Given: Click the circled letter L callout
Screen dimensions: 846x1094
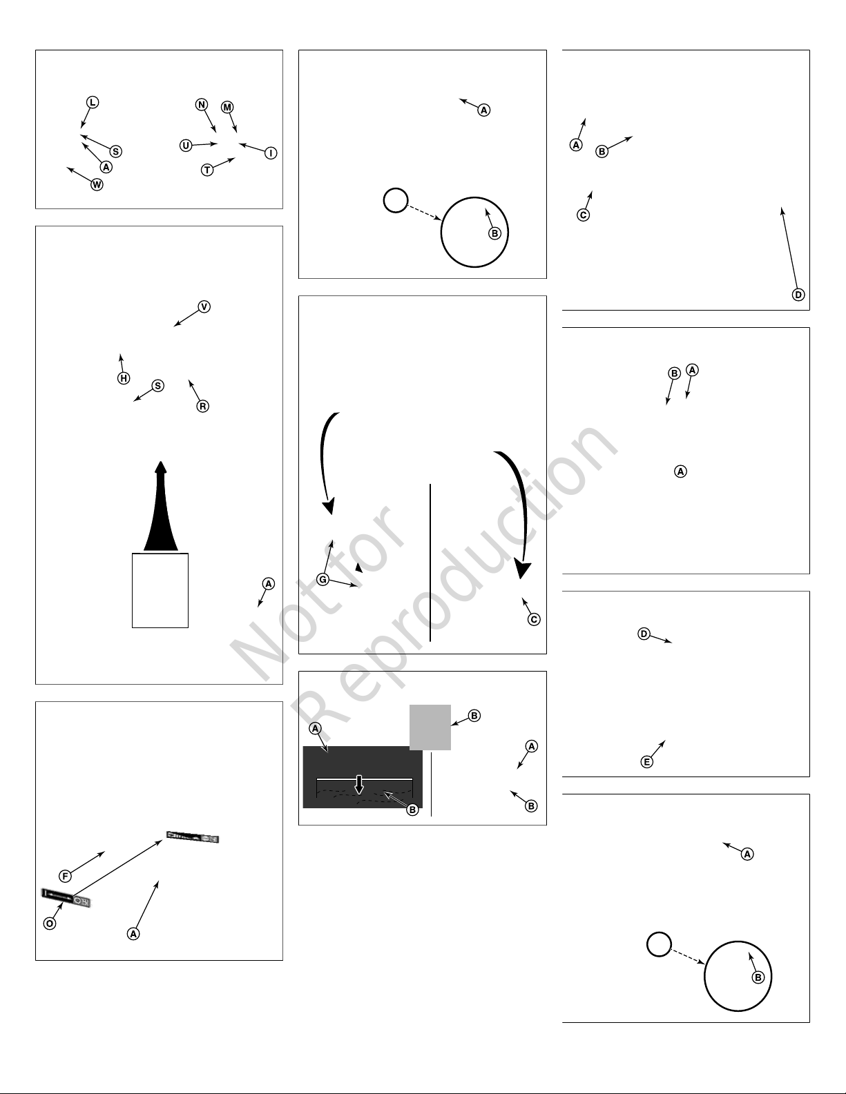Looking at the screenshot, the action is click(x=92, y=103).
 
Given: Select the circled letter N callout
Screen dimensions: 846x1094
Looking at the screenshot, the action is click(x=202, y=105).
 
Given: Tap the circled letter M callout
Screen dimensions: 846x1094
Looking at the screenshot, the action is click(x=227, y=107).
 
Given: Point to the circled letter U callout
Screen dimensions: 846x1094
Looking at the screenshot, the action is click(x=186, y=146).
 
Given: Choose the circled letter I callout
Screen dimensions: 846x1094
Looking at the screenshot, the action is click(x=271, y=153).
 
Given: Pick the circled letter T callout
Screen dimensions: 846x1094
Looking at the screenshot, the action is click(x=207, y=170).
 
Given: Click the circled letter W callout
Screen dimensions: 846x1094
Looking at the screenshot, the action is click(x=97, y=185).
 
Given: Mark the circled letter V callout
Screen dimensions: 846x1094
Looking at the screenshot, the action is click(x=204, y=306).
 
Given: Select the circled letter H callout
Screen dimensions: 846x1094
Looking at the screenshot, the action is click(x=124, y=378).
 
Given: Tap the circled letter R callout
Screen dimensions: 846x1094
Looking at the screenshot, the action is click(x=202, y=407).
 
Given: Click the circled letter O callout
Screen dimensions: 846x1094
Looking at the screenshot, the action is click(x=49, y=924).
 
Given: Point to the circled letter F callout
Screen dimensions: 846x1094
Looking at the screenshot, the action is click(x=65, y=876).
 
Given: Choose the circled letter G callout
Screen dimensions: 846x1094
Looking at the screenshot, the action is click(x=323, y=580).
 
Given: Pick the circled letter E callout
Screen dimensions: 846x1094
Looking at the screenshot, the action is click(x=646, y=762).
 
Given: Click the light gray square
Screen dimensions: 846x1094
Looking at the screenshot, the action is click(x=430, y=727).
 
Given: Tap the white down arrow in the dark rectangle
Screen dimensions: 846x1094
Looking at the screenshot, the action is click(x=359, y=784).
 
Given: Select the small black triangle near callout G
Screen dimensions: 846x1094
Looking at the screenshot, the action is click(x=358, y=568).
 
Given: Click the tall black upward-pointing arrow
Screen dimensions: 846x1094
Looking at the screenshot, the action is click(x=161, y=506).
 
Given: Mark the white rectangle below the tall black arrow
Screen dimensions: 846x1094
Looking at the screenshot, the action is click(x=160, y=591).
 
